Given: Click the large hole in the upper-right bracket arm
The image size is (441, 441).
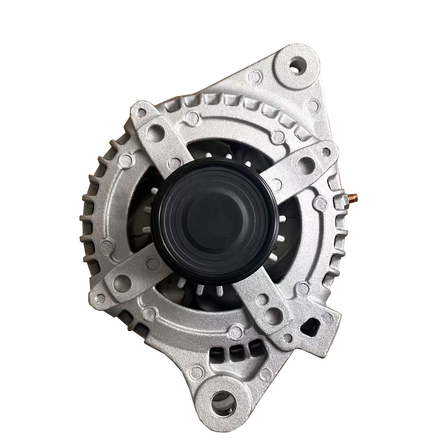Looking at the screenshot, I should coord(306,162).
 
